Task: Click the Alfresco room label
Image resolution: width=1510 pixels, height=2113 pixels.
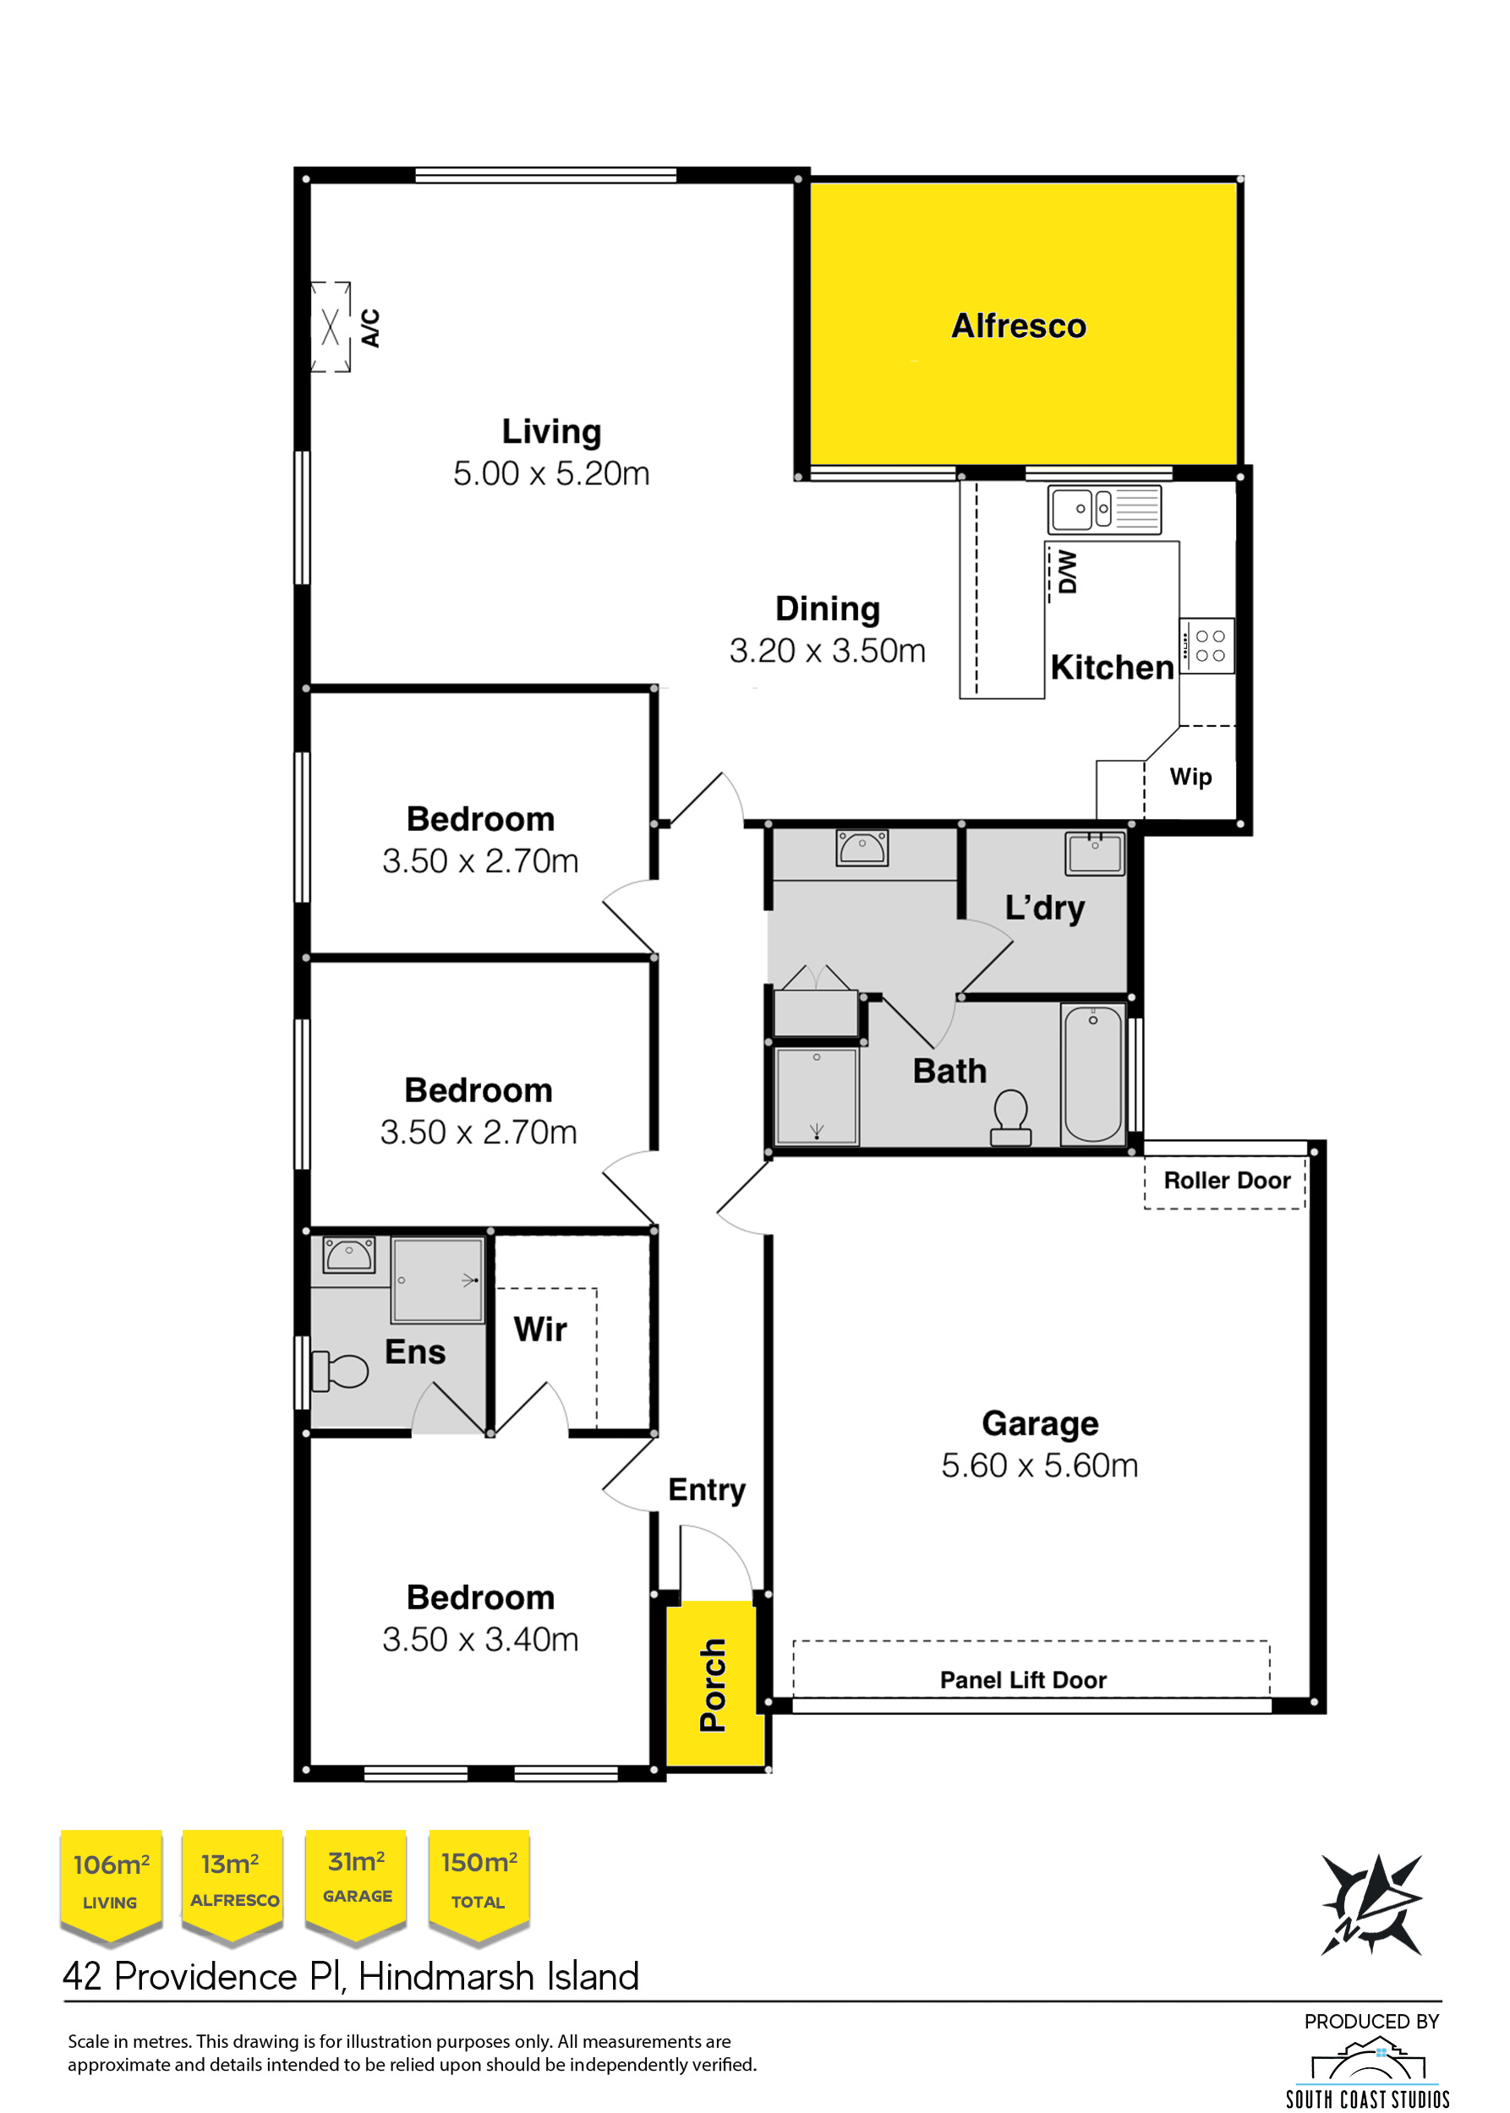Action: (1018, 326)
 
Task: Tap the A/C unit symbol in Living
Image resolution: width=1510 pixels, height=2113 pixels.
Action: (330, 326)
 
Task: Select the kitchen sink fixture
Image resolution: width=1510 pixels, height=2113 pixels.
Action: (1105, 510)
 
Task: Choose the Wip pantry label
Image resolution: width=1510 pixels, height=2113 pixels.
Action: (1190, 776)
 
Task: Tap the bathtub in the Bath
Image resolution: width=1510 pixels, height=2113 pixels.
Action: (1093, 1073)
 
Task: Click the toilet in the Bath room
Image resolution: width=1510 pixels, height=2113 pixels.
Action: (1010, 1117)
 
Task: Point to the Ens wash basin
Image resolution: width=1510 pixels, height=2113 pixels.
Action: (348, 1254)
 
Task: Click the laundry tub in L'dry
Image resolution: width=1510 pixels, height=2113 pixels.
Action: (1094, 853)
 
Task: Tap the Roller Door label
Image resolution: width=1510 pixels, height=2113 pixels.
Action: (1227, 1181)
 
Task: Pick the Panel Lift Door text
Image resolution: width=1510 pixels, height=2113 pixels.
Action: (1023, 1679)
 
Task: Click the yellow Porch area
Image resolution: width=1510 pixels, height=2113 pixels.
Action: (715, 1683)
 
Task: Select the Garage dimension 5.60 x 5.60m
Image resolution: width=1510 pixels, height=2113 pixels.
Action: (1040, 1465)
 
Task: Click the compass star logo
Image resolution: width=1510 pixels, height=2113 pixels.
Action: (1371, 1905)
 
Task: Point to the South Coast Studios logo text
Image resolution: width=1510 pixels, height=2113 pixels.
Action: (1368, 2099)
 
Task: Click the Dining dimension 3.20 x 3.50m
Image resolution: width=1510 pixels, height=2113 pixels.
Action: (828, 651)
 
